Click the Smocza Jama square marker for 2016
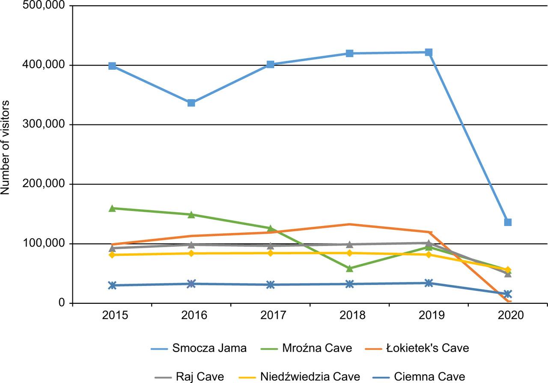[x=191, y=103]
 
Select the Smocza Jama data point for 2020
[x=508, y=222]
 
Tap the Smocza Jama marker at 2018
[x=349, y=53]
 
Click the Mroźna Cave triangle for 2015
[x=112, y=208]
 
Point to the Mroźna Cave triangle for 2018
[x=349, y=268]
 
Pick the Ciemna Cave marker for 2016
[x=191, y=284]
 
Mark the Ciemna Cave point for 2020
[x=508, y=294]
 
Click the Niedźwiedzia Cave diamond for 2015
[x=112, y=255]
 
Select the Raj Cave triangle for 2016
[x=191, y=244]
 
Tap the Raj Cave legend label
[x=200, y=377]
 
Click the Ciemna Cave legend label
[x=429, y=377]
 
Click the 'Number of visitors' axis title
[x=6, y=148]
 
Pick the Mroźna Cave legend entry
[x=317, y=348]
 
